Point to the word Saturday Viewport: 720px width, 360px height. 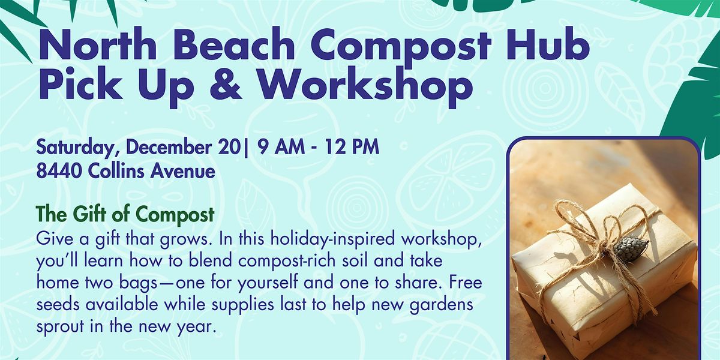72,148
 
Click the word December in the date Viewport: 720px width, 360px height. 170,147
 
